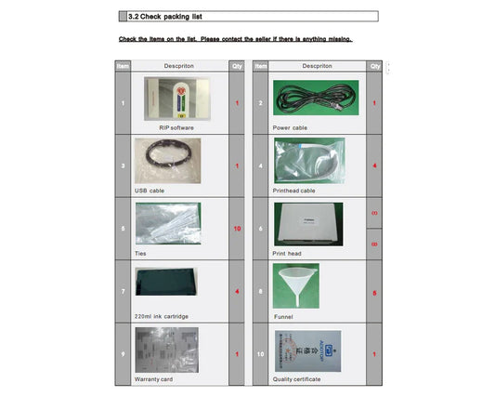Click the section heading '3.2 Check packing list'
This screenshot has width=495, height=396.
[x=164, y=16]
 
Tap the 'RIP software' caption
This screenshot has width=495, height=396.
[x=176, y=126]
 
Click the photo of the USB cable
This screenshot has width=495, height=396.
[x=167, y=160]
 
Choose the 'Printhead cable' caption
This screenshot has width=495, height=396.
[x=296, y=190]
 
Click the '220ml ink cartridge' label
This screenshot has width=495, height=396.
[x=162, y=316]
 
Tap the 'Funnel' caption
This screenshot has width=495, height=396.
[x=283, y=316]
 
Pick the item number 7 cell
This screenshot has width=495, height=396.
[x=123, y=292]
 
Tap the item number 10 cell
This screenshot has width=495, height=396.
[x=261, y=354]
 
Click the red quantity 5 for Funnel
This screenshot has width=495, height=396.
[x=374, y=293]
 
